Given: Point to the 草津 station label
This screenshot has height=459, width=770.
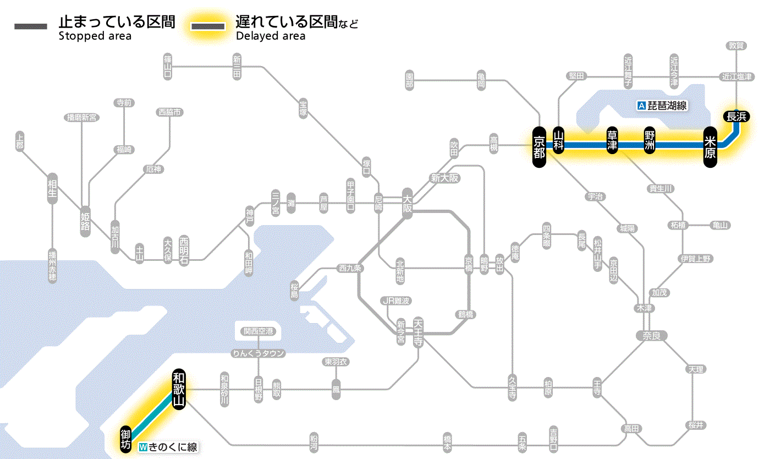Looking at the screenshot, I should coord(612,141).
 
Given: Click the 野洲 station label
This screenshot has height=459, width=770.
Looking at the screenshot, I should coord(650,141).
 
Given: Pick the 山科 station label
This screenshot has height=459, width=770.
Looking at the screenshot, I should coord(559,141).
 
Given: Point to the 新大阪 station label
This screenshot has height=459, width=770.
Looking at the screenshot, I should coord(444,178).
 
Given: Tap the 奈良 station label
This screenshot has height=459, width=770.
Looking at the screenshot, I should coord(651,335).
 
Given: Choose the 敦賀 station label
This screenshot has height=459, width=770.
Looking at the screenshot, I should coord(736,46).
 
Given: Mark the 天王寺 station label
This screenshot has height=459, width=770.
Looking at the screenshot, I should coord(418,331).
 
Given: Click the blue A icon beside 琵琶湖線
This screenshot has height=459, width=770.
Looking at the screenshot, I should coord(641,105).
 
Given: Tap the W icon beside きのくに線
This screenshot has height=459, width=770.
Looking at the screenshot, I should coord(144,447).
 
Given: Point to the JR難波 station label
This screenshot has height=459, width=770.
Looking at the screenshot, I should coord(395,300).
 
